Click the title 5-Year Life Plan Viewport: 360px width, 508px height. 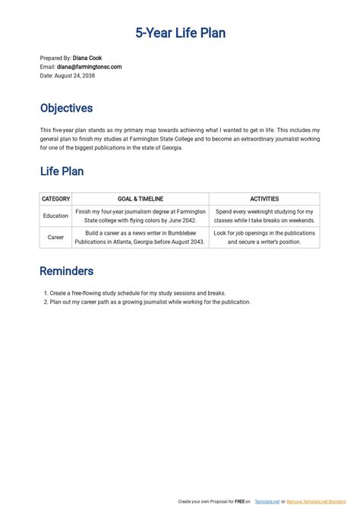180,33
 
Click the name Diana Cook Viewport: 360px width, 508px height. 87,58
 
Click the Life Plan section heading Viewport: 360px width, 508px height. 62,172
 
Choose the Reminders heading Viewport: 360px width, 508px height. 66,271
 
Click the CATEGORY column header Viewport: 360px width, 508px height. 55,199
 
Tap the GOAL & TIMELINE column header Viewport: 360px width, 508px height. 140,199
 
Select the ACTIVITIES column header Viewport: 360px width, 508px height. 264,199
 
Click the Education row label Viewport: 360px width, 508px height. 55,216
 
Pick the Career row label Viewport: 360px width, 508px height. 55,238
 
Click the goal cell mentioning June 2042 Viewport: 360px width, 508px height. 140,216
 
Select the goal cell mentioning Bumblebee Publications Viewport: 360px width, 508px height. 140,238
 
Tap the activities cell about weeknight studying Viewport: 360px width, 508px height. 264,216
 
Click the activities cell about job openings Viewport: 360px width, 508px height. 264,238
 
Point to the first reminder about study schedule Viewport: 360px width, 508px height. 137,293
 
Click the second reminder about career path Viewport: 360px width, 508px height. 150,301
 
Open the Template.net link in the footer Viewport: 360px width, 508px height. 267,502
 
